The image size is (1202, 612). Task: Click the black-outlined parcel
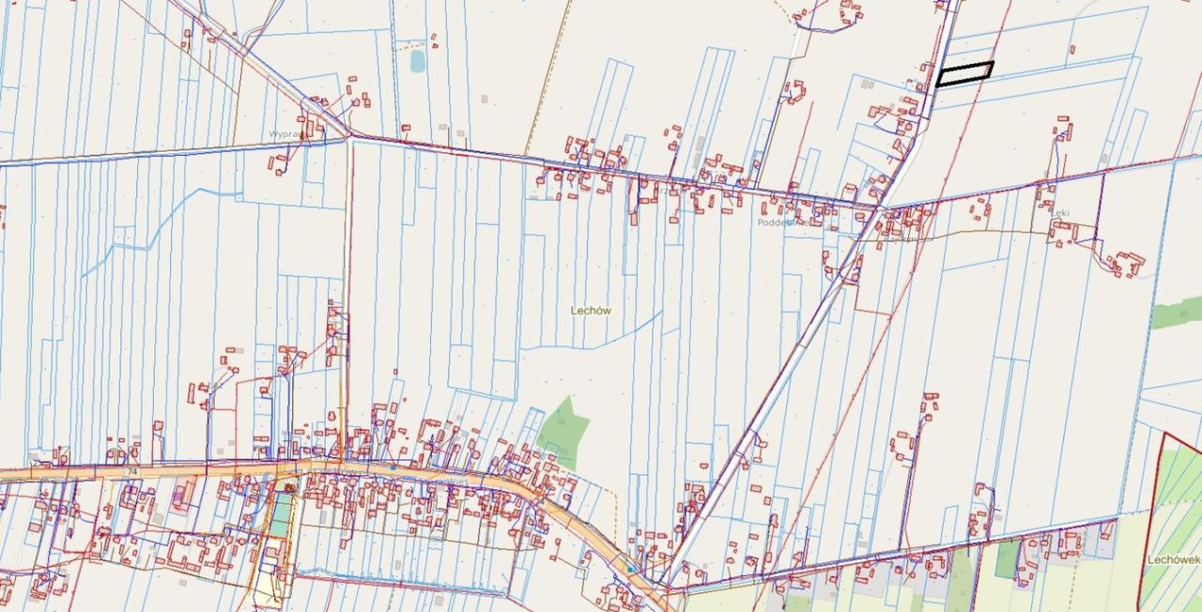[x=964, y=74]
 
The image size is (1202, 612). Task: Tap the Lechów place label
[x=592, y=310]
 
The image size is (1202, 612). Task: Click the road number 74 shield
[x=133, y=470]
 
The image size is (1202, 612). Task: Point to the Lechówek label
[x=1172, y=558]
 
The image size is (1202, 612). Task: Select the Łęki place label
[x=1060, y=213]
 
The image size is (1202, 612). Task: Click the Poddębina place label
[x=779, y=223]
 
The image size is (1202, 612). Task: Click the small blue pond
[x=417, y=61]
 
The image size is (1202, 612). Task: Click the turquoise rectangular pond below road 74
[x=281, y=515]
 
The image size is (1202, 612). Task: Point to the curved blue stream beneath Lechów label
[x=620, y=335]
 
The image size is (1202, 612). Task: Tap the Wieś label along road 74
[x=458, y=478]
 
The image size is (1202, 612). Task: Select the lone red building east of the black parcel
[x=1071, y=50]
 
